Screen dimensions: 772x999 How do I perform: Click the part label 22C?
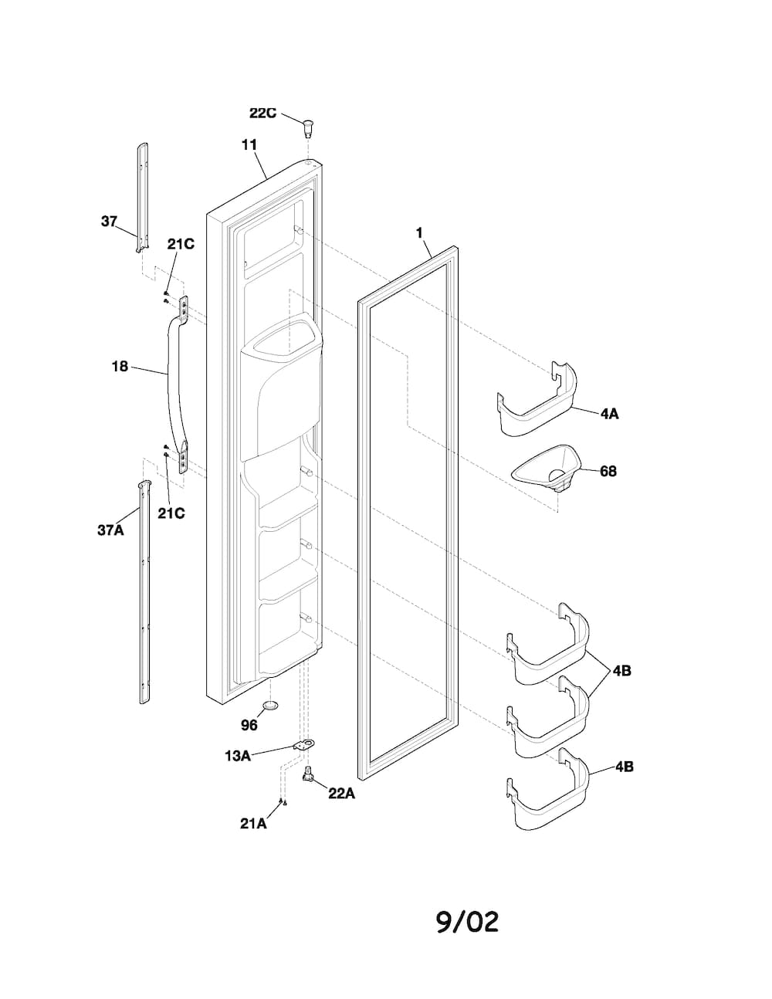(x=262, y=113)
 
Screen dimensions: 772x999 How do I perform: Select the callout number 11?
(x=249, y=145)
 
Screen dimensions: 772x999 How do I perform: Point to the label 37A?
(x=110, y=530)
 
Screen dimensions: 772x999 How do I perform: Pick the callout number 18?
(x=120, y=367)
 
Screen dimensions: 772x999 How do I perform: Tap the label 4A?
(x=609, y=414)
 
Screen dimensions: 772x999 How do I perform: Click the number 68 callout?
(x=608, y=471)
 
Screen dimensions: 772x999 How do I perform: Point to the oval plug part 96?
(x=271, y=706)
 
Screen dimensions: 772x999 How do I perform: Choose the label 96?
(x=249, y=725)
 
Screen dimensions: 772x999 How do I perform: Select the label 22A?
(x=341, y=793)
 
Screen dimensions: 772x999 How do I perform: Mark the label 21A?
(x=253, y=824)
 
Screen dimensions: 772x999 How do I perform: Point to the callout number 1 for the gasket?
(x=419, y=233)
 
